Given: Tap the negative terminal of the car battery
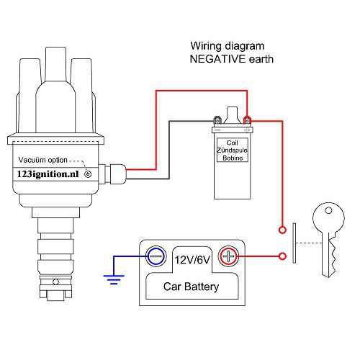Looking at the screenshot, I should point(155,256).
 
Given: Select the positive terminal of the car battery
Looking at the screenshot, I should point(228,256).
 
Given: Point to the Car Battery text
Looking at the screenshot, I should point(192,288).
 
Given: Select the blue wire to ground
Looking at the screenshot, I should point(130,256).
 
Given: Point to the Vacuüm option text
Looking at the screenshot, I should point(43,160).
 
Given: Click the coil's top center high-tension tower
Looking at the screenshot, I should point(231,114).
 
